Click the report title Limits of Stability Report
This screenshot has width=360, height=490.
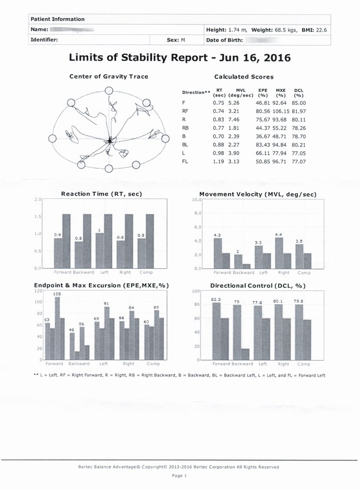coord(179,58)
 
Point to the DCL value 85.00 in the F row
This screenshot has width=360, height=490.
coord(298,103)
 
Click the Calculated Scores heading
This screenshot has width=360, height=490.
coord(243,76)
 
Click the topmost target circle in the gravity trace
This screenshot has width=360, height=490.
coord(108,91)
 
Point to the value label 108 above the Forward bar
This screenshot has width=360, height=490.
coord(57,293)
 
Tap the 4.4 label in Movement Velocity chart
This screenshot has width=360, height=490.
coord(278,235)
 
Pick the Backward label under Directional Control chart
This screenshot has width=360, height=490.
coord(242,364)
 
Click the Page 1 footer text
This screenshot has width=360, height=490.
coord(179,475)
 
